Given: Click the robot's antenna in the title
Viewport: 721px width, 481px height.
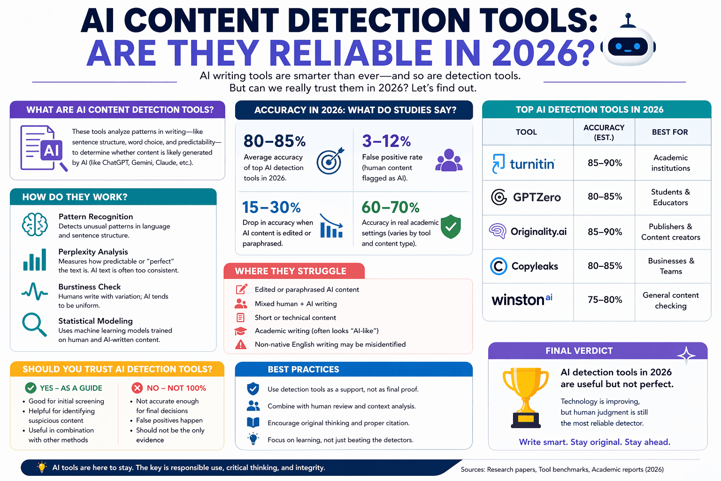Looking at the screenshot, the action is click(628, 20).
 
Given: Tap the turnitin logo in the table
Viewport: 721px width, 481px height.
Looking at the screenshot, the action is click(523, 163).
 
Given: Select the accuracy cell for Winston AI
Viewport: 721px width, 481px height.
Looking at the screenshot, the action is click(605, 300).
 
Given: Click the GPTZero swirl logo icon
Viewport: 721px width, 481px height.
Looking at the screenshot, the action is click(499, 197).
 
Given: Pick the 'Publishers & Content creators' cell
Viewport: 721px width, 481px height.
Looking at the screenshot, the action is click(670, 232).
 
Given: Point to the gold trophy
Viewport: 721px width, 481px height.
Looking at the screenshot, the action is click(526, 398).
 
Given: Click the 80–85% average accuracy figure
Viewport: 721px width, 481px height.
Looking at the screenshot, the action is click(275, 141).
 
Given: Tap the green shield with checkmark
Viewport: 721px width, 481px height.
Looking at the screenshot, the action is click(451, 226).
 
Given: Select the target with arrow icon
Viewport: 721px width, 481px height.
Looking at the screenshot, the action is click(330, 161).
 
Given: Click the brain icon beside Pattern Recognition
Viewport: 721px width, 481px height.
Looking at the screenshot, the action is click(35, 225).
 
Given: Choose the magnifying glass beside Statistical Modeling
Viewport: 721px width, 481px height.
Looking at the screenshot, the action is click(34, 325).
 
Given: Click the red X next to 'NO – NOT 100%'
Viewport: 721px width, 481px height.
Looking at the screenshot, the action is click(137, 388).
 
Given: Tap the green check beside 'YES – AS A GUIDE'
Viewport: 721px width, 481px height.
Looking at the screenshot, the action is click(31, 388).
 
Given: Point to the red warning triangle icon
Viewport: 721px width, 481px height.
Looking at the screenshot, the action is click(241, 344).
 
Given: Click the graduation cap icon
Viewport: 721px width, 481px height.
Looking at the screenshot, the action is click(240, 331).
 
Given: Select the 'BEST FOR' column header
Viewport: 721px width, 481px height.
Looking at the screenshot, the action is click(670, 132).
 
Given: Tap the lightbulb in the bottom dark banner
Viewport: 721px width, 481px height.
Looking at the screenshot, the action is click(41, 467).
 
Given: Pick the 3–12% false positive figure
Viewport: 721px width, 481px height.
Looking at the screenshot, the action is click(386, 141).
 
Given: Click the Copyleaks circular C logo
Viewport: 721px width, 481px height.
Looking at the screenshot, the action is click(499, 266).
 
